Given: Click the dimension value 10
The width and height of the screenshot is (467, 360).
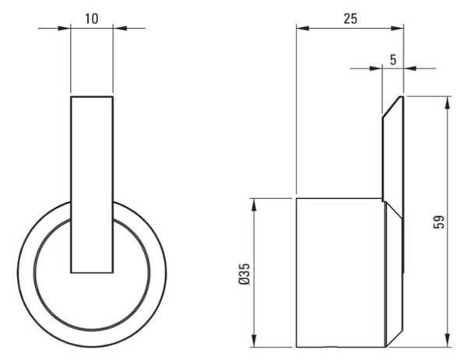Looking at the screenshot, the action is coord(91,19).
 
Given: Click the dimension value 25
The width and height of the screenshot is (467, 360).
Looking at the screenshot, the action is coord(350,19).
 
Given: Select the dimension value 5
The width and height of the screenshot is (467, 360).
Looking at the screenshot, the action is coord(393,60).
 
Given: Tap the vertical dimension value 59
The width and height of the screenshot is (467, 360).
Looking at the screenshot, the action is coord(439,222).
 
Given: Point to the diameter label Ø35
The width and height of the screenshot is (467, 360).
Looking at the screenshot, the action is coord(244,274).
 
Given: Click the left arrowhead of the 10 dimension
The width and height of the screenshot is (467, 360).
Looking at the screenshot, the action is coord(64,28).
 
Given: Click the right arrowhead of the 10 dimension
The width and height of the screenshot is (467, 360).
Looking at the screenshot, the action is coord(120,28).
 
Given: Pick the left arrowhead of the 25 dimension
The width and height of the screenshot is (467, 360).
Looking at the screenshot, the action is coord(303,28).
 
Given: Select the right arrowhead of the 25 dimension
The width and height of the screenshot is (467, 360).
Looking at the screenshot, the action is coord(397,28).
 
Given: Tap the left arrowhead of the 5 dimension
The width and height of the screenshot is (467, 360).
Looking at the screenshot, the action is coord(376,68).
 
